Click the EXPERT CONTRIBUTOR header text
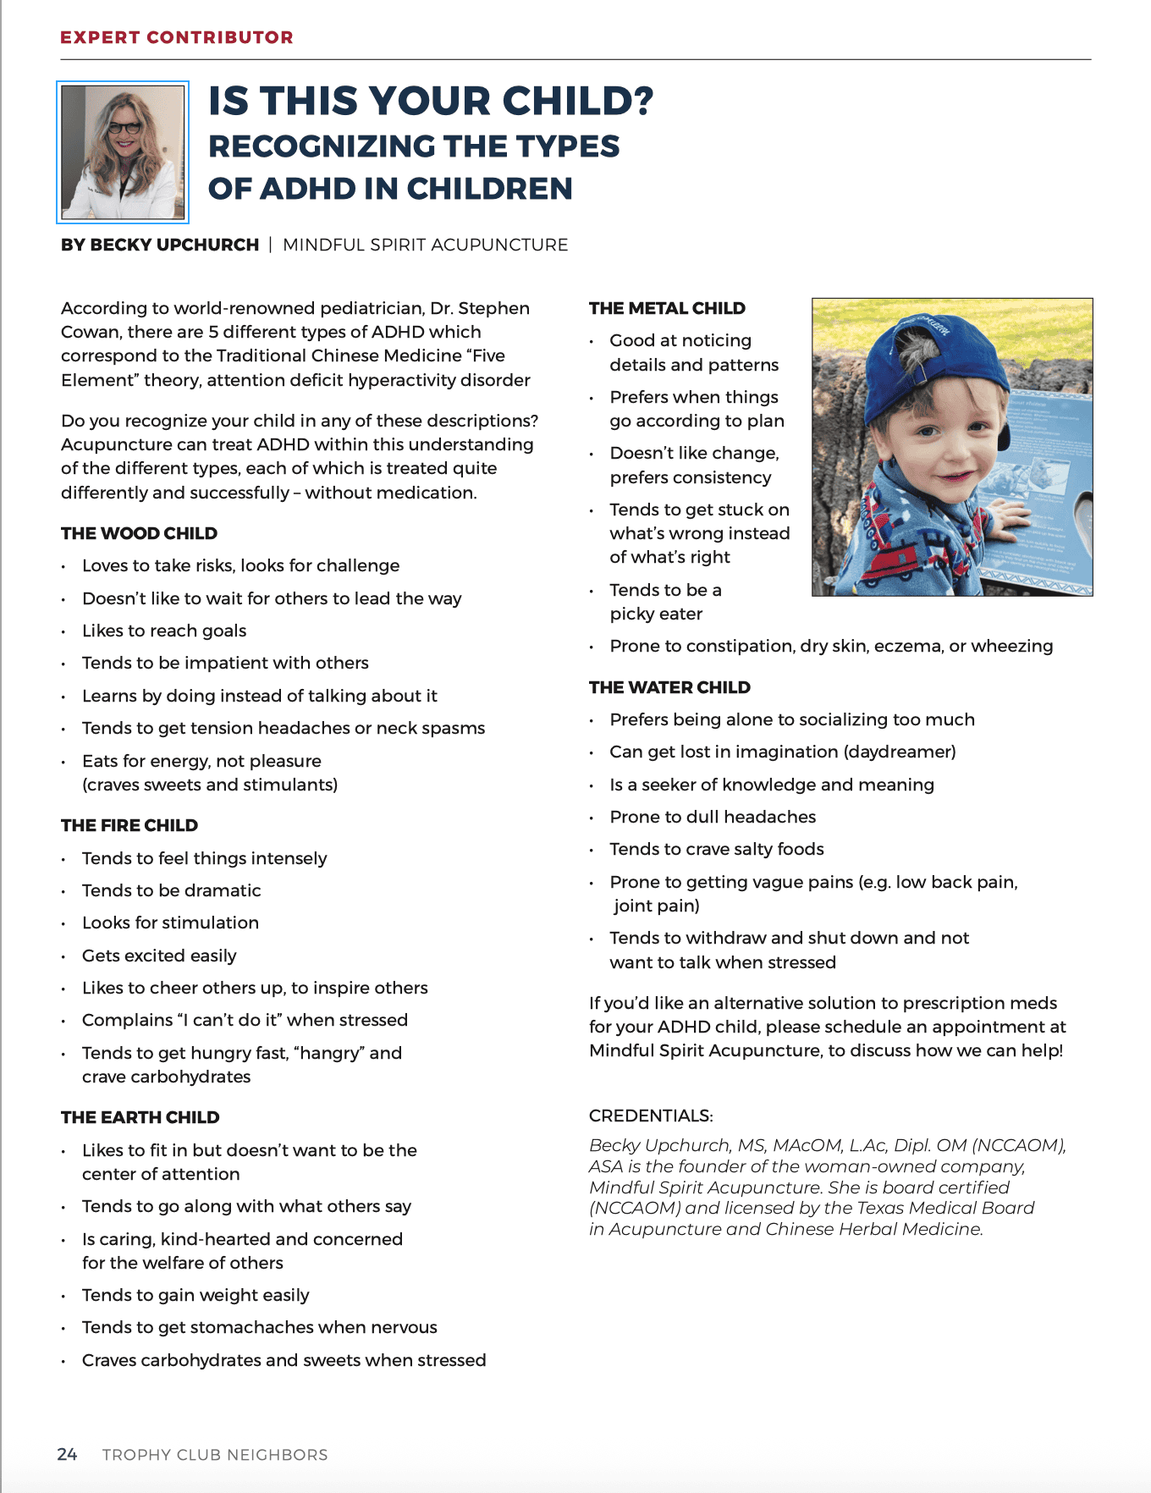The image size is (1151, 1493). pyautogui.click(x=177, y=37)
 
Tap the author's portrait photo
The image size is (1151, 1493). pyautogui.click(x=123, y=152)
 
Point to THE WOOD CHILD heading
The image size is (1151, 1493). pyautogui.click(x=139, y=533)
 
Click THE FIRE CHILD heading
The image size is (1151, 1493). pyautogui.click(x=129, y=825)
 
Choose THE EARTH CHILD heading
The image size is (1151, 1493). pyautogui.click(x=140, y=1117)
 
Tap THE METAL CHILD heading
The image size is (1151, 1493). pyautogui.click(x=667, y=308)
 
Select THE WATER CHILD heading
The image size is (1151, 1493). pyautogui.click(x=669, y=687)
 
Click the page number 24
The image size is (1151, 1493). pyautogui.click(x=67, y=1454)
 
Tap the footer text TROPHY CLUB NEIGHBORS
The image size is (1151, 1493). pyautogui.click(x=215, y=1455)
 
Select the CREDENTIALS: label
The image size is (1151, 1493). pyautogui.click(x=651, y=1116)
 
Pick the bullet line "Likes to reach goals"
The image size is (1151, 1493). pyautogui.click(x=164, y=631)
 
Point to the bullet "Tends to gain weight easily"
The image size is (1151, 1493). pyautogui.click(x=196, y=1295)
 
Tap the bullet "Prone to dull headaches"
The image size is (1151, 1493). pyautogui.click(x=713, y=817)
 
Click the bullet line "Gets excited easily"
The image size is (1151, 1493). pyautogui.click(x=159, y=956)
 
